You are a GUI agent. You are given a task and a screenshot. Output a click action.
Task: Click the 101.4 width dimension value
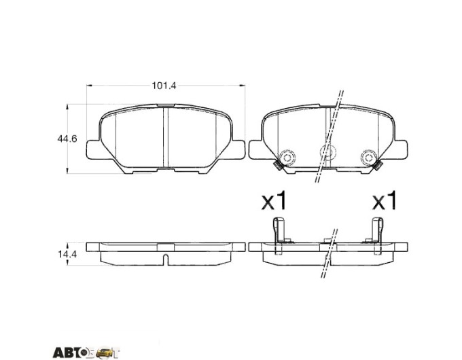[164, 86]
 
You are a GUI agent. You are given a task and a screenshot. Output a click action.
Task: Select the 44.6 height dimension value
[67, 139]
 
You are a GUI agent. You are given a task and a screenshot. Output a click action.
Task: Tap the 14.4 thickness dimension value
[67, 254]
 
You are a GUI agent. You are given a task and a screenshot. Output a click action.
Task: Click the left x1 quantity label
[274, 200]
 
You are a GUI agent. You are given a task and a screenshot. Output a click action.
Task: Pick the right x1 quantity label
[385, 200]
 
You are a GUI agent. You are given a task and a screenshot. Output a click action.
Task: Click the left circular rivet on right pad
[287, 157]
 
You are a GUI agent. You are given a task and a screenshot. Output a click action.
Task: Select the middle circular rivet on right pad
[328, 151]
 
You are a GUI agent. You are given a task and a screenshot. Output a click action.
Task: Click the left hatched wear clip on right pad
[278, 166]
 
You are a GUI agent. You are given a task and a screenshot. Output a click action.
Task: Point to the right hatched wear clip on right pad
[378, 166]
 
